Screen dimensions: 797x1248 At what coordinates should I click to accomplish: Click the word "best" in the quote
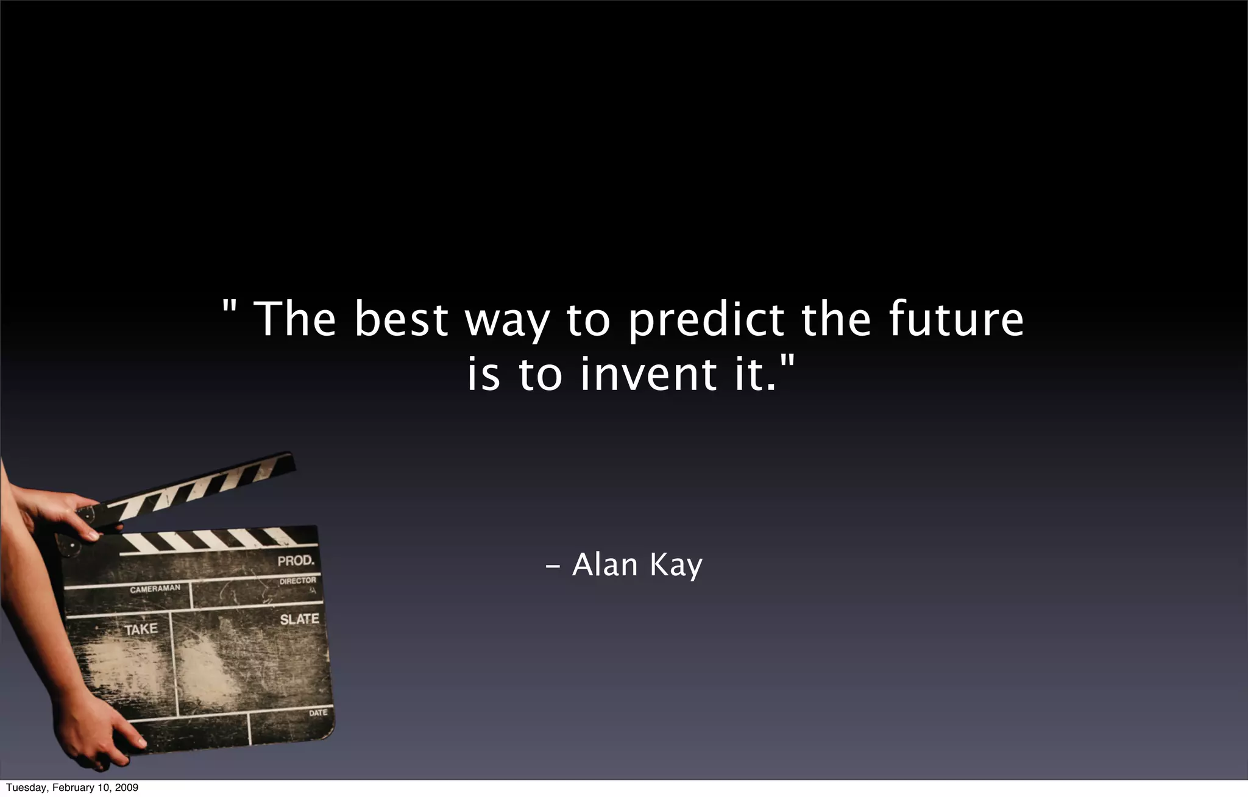pyautogui.click(x=401, y=319)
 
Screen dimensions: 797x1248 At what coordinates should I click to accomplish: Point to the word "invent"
pyautogui.click(x=648, y=374)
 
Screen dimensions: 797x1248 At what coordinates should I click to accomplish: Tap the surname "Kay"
pyautogui.click(x=676, y=565)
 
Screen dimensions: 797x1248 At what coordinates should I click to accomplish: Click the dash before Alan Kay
pyautogui.click(x=553, y=567)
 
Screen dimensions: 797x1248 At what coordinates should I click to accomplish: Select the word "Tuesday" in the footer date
pyautogui.click(x=26, y=788)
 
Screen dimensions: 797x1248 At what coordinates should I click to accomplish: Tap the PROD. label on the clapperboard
pyautogui.click(x=296, y=561)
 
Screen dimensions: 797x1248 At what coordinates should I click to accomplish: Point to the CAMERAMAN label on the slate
pyautogui.click(x=155, y=589)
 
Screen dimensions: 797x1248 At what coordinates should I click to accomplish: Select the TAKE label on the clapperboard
pyautogui.click(x=141, y=629)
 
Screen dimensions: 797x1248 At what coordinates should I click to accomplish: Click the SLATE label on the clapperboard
pyautogui.click(x=299, y=620)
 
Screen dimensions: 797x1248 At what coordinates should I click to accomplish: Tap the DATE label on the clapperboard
pyautogui.click(x=317, y=712)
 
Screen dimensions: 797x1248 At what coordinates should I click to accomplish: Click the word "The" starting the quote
pyautogui.click(x=294, y=319)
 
